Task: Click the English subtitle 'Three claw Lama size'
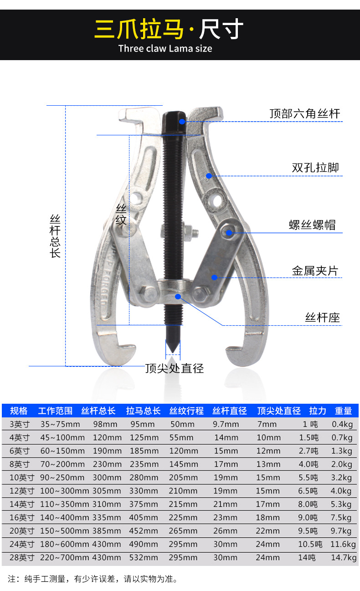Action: pos(165,48)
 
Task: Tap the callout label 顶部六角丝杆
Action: pos(304,113)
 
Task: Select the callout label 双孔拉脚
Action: pos(315,168)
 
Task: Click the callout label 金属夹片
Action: pos(315,271)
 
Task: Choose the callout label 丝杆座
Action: pos(322,317)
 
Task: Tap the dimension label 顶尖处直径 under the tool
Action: pos(175,368)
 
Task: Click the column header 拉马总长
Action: pos(143,411)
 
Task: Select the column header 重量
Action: pos(343,411)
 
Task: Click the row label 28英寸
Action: pos(21,558)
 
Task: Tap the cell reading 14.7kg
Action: pos(344,558)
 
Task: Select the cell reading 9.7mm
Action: pos(226,424)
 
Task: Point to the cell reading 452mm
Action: pos(143,531)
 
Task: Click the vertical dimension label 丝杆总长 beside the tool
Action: pos(55,236)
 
